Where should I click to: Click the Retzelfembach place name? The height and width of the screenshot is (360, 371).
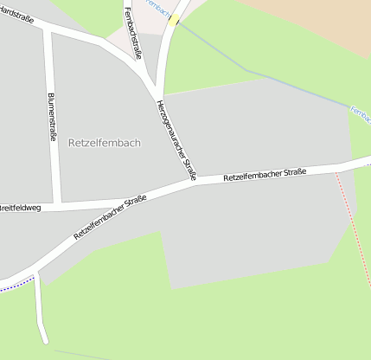(104, 143)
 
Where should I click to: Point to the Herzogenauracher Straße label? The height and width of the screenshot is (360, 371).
(176, 140)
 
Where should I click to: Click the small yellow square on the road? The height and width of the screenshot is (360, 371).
(175, 19)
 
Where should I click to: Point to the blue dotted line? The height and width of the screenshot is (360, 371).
(14, 284)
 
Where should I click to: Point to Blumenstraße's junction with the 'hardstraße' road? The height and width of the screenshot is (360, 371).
(48, 32)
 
